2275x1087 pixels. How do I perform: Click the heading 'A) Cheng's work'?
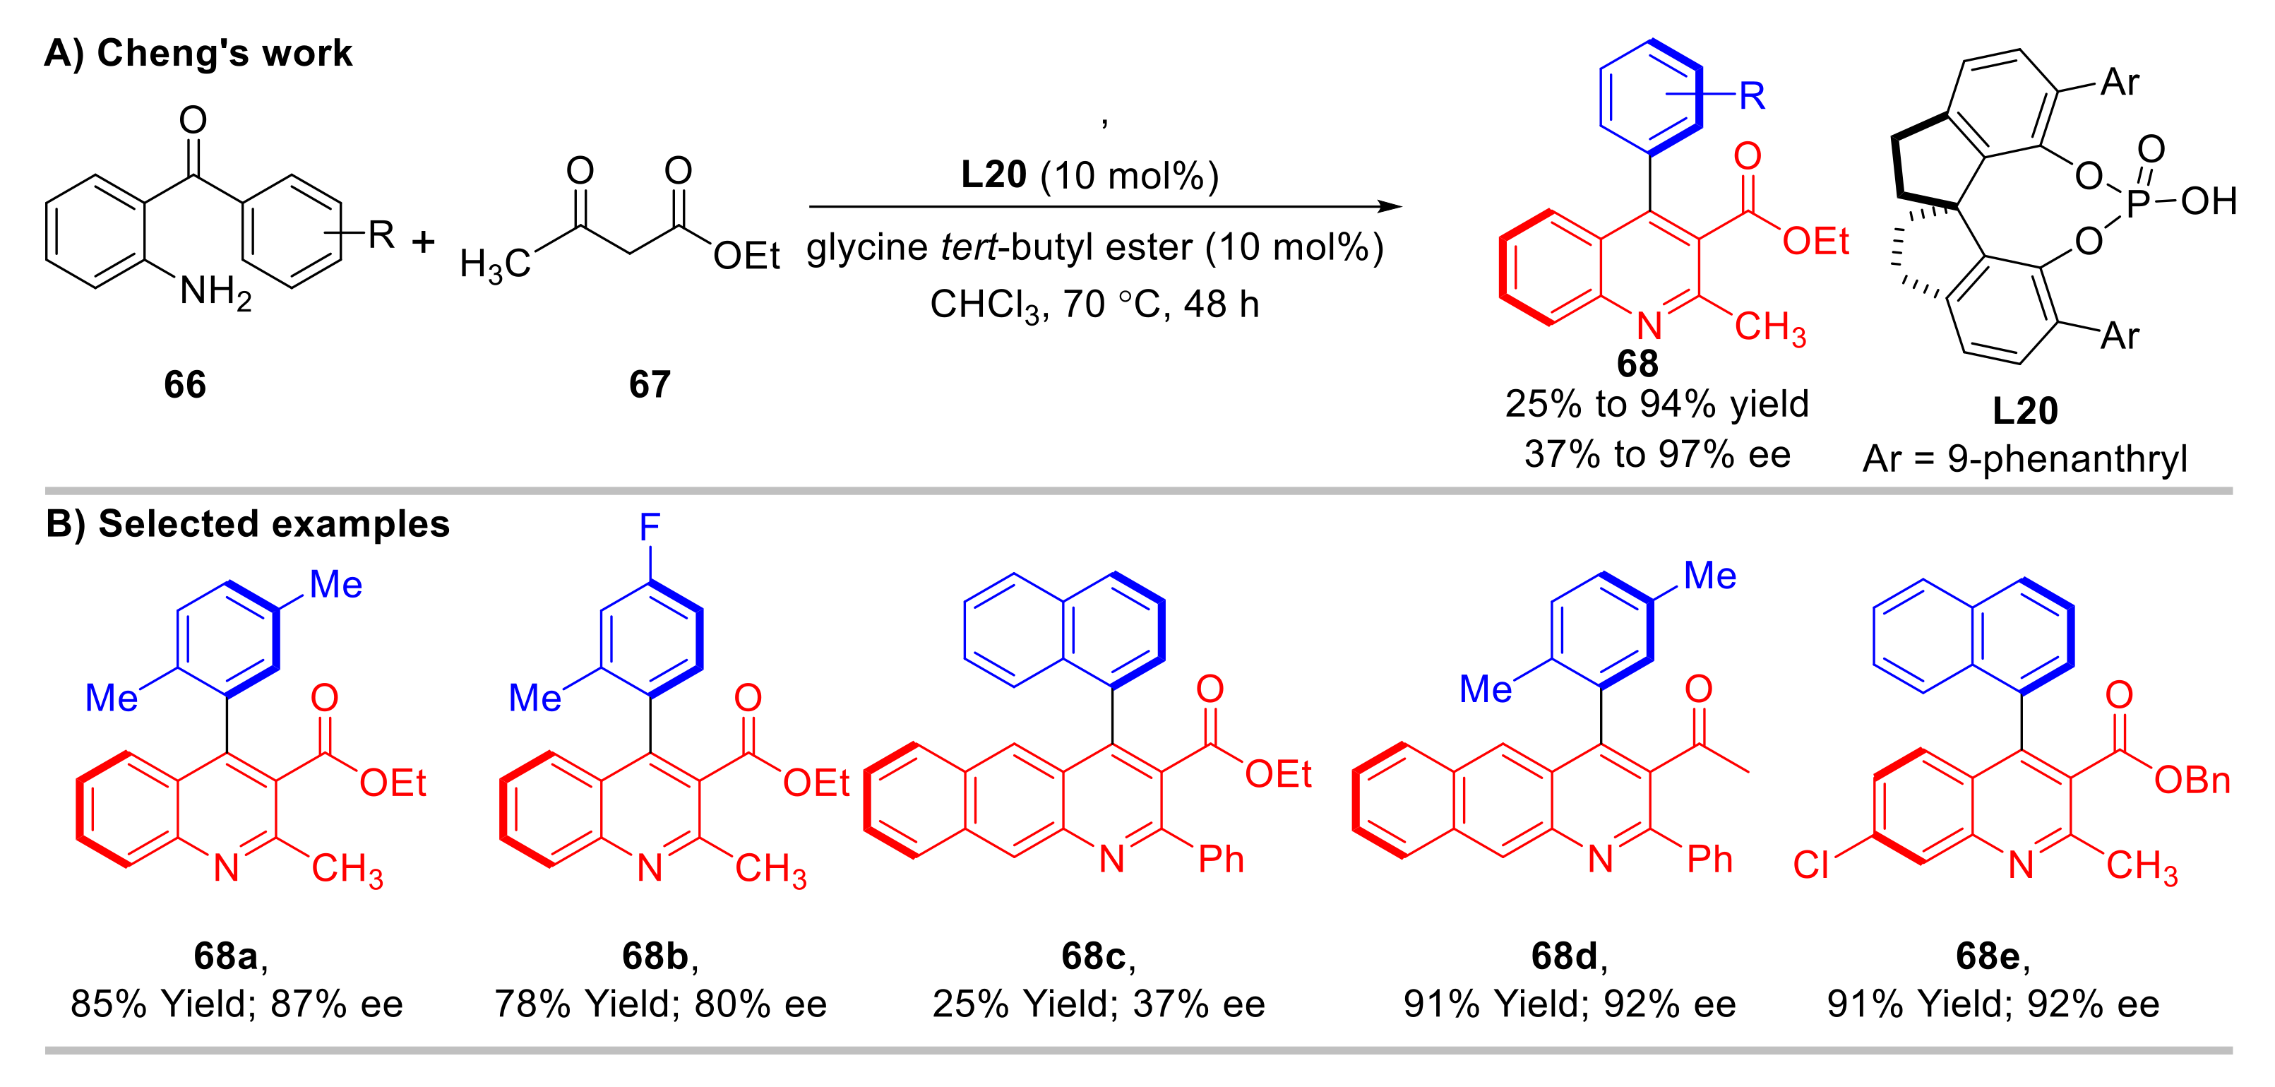[x=198, y=54]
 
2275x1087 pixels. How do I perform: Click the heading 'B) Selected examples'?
[x=247, y=524]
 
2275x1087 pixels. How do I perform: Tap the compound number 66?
[x=184, y=384]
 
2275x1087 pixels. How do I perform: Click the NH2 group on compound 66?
[x=215, y=291]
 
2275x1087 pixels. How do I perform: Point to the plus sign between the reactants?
[x=424, y=242]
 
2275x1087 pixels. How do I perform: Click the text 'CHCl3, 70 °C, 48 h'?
[x=1094, y=305]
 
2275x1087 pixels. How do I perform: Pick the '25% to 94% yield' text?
[x=1656, y=404]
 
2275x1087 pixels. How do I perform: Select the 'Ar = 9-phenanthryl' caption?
[x=2024, y=458]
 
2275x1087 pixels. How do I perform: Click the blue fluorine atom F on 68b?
[x=650, y=528]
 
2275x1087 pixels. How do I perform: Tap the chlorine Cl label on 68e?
[x=1810, y=865]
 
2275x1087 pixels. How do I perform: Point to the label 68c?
[x=1093, y=956]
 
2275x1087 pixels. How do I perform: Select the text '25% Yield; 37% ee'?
[x=1099, y=1004]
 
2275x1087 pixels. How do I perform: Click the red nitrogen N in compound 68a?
[x=227, y=868]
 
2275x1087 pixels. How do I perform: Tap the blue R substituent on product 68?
[x=1752, y=95]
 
